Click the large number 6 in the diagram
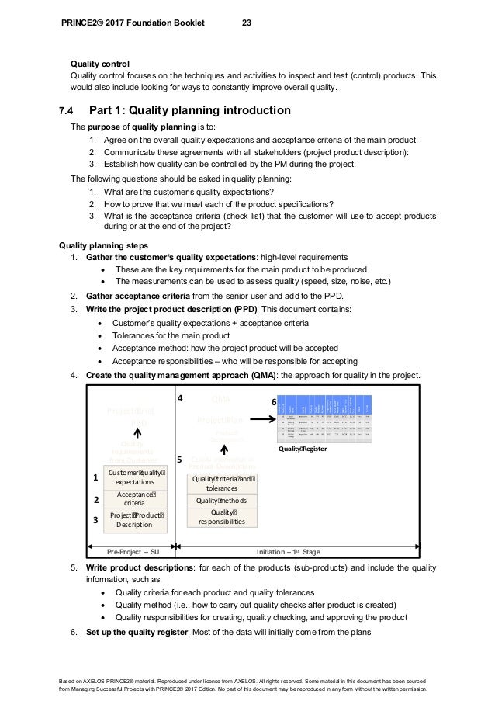click(x=272, y=404)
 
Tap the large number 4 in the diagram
click(x=180, y=398)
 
